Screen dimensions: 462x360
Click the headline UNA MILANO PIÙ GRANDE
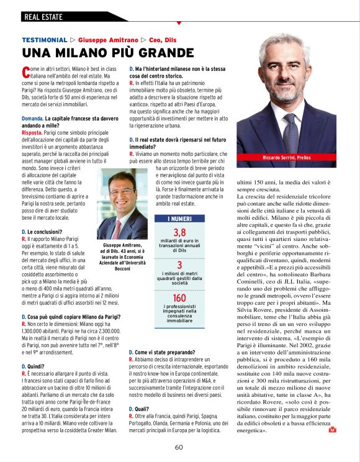(x=99, y=53)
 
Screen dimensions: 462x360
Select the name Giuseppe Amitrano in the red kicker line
(x=108, y=39)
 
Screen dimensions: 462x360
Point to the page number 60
(x=179, y=446)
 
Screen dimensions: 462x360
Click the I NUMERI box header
(x=179, y=219)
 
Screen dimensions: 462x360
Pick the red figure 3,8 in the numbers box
(x=179, y=233)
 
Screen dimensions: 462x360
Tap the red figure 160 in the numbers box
(x=179, y=298)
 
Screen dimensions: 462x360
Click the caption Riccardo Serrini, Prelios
(x=294, y=158)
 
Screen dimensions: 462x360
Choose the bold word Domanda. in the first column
(x=32, y=117)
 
